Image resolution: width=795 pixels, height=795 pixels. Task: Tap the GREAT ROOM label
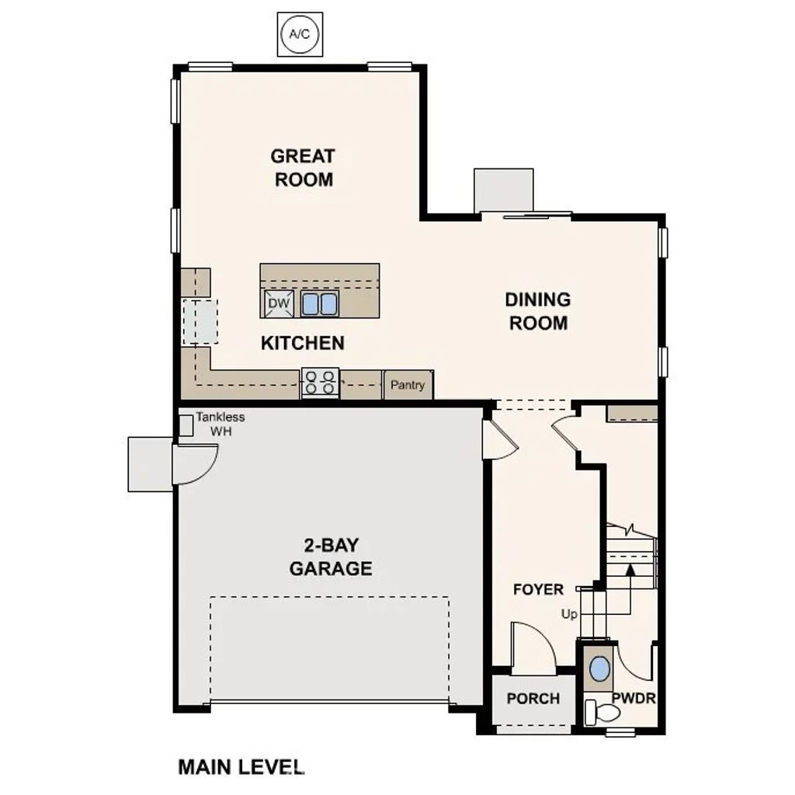tap(303, 168)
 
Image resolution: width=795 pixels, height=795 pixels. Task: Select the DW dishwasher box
tap(279, 304)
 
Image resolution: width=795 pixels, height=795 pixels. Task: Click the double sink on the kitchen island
tap(319, 304)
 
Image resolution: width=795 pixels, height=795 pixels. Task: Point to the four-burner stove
tap(320, 383)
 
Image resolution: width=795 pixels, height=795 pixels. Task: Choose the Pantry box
tap(408, 385)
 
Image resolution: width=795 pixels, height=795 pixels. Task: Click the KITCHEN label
tap(302, 342)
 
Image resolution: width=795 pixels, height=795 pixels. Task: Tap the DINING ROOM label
tap(538, 311)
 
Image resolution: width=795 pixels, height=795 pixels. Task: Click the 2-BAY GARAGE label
tap(331, 556)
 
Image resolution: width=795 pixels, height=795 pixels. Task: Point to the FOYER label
tap(538, 590)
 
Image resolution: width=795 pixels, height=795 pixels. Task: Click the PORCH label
tap(533, 699)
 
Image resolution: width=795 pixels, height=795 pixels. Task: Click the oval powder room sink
tap(599, 668)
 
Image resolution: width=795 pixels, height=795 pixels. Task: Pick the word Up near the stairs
tap(570, 614)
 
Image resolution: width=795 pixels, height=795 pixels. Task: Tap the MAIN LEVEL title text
tap(241, 767)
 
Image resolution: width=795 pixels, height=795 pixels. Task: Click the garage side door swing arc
tap(191, 466)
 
